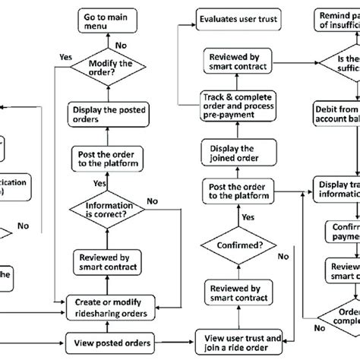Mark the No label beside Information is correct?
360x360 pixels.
(153, 201)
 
